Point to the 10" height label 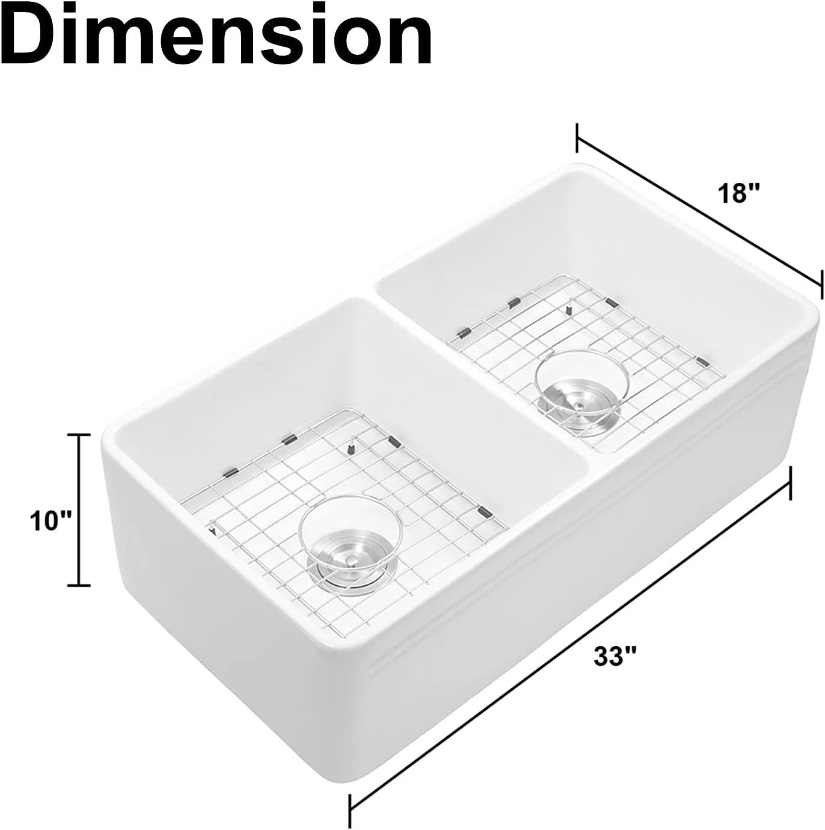coord(49,521)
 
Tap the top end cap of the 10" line coord(79,435)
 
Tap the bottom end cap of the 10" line coord(79,585)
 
